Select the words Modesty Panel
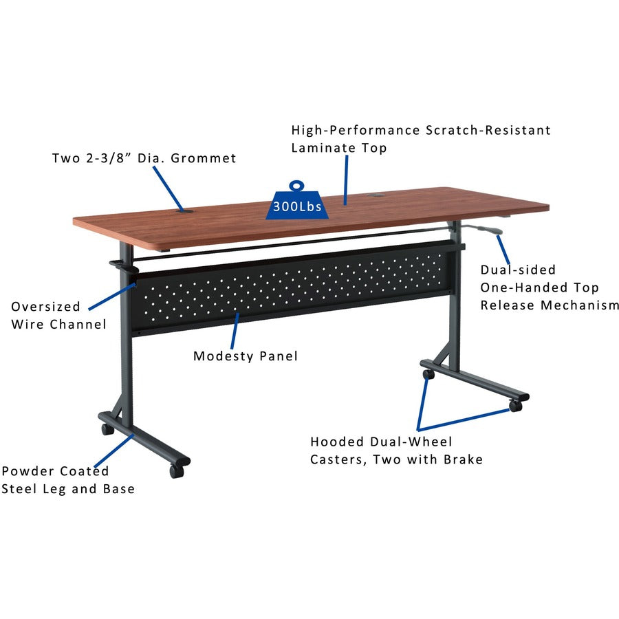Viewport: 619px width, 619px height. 245,356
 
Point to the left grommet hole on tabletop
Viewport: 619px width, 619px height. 184,211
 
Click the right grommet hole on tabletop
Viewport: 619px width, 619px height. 376,195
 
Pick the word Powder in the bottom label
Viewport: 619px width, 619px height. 27,471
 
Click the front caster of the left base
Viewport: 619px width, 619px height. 177,471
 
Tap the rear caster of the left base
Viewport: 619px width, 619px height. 107,429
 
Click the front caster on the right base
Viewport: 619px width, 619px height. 515,406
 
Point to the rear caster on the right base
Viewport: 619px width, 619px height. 428,375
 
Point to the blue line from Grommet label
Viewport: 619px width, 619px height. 167,188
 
